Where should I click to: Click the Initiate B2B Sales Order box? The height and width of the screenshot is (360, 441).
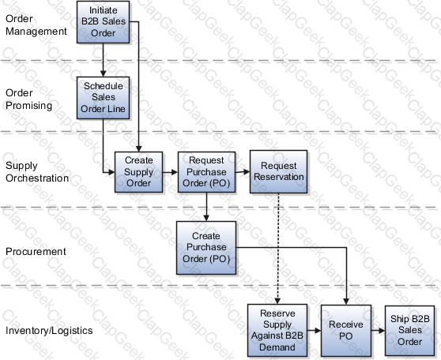104,22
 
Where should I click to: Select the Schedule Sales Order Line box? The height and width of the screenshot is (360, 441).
104,98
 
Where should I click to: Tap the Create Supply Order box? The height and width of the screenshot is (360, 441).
138,172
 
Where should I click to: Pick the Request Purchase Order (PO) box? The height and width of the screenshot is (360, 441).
206,172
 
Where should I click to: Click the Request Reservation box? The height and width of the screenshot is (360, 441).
278,171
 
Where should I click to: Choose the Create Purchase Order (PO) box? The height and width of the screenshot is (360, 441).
206,248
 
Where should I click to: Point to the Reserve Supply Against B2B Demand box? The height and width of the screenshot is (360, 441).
277,330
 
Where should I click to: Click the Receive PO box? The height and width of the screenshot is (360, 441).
346,331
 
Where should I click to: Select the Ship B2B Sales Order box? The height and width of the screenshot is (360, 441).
409,331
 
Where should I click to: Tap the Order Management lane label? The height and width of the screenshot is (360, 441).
36,25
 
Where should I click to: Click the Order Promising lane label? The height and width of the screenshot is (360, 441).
28,99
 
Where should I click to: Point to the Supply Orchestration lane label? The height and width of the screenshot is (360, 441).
37,171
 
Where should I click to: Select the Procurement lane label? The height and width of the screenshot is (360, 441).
36,252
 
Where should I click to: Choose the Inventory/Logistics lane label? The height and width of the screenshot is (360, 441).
49,331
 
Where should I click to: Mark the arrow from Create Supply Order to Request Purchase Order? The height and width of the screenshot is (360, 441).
170,172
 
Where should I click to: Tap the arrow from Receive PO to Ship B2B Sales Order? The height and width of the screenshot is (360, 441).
378,331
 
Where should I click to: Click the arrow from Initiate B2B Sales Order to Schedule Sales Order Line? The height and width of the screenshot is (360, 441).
104,60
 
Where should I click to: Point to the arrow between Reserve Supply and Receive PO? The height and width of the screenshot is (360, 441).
315,331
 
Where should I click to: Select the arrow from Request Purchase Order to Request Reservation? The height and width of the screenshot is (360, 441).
243,171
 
